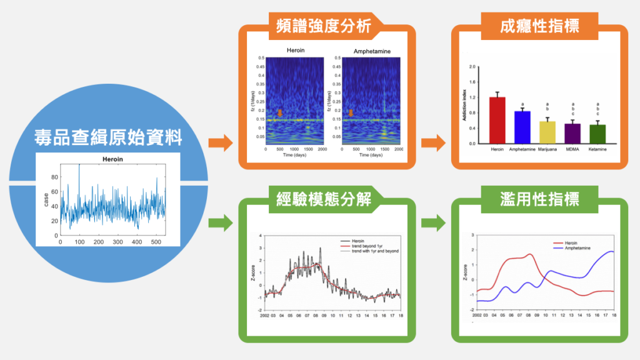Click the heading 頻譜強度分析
pos(322,27)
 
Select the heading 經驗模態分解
pos(322,199)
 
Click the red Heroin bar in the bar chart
pos(497,120)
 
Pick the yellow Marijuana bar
pos(547,132)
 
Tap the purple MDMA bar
pos(572,133)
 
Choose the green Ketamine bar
pos(597,134)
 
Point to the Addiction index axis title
pos(465,105)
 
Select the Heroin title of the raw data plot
pos(114,159)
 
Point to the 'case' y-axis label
pos(46,200)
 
